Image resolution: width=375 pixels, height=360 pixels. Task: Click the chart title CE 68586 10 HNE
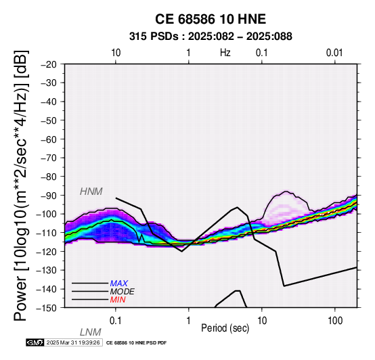click(211, 19)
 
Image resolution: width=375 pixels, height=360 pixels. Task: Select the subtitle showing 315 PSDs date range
click(211, 37)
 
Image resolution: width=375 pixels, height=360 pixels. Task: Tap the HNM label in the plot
click(91, 192)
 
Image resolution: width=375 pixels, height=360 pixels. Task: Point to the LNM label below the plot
click(91, 332)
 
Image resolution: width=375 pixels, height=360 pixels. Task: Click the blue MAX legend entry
click(119, 284)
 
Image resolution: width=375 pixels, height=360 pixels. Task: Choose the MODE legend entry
click(123, 292)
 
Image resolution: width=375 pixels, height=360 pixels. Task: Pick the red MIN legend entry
click(118, 300)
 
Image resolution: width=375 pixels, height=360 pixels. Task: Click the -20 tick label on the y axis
click(49, 64)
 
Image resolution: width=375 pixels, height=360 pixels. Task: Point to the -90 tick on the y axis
click(49, 196)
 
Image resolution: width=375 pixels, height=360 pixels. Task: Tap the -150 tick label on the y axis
click(47, 308)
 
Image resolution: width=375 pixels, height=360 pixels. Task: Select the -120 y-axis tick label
click(47, 252)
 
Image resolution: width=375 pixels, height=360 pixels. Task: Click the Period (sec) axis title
click(225, 328)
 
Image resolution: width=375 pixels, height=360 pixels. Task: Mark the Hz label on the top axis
click(225, 53)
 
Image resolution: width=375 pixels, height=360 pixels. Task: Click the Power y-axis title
click(21, 186)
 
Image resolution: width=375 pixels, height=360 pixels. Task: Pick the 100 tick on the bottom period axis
click(335, 321)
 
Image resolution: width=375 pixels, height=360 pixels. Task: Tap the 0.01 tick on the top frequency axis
click(334, 53)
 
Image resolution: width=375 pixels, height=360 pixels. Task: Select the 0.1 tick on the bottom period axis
click(116, 321)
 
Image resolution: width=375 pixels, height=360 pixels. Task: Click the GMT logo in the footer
click(35, 342)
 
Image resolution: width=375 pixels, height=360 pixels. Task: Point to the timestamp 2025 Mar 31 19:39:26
click(73, 342)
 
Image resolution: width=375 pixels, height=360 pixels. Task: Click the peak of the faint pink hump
click(286, 192)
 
